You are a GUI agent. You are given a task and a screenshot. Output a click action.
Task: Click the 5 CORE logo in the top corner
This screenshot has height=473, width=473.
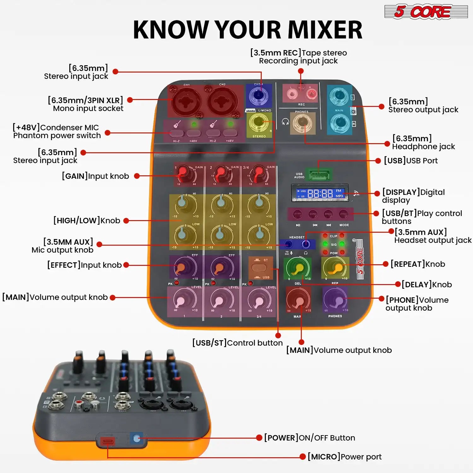[x=426, y=12]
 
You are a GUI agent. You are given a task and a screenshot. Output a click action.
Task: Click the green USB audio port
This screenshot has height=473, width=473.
[x=319, y=175]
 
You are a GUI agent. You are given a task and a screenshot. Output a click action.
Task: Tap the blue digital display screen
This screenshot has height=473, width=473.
[x=320, y=193]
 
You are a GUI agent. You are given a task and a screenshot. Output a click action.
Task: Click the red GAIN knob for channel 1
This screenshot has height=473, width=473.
[x=183, y=173]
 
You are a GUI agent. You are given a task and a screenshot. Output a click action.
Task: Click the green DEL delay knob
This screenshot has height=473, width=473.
[x=297, y=268]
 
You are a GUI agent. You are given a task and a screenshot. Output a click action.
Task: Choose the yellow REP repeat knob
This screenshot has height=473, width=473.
[x=335, y=268]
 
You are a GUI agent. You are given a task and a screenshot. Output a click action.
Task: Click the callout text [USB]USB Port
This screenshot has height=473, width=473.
[x=411, y=161]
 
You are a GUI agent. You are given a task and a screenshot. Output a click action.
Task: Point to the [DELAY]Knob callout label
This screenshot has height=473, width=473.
[x=426, y=285]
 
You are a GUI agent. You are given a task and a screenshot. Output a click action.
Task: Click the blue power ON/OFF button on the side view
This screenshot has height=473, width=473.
[x=137, y=438]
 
